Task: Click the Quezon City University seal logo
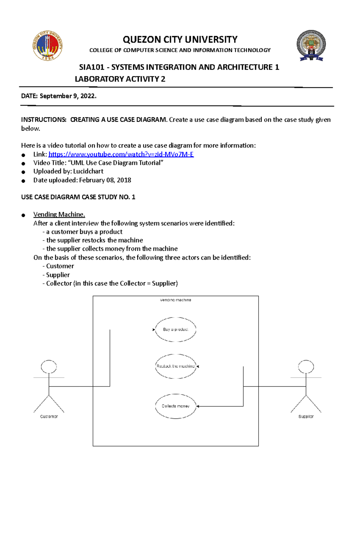[x=47, y=46]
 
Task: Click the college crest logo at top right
[x=311, y=45]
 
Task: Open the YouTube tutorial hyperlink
[x=121, y=154]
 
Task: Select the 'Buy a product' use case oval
[x=175, y=329]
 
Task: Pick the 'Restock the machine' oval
[x=175, y=366]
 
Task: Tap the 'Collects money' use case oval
[x=175, y=406]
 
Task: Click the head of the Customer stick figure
[x=49, y=367]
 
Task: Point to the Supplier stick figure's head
[x=306, y=367]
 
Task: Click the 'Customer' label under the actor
[x=49, y=416]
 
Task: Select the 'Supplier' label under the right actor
[x=306, y=416]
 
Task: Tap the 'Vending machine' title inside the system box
[x=175, y=300]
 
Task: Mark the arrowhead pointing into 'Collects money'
[x=198, y=406]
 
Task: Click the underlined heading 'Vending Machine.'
[x=59, y=214]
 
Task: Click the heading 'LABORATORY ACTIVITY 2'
[x=120, y=79]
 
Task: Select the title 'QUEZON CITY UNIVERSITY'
[x=180, y=40]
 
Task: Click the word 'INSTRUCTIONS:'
[x=44, y=120]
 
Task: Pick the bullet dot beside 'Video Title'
[x=23, y=164]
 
